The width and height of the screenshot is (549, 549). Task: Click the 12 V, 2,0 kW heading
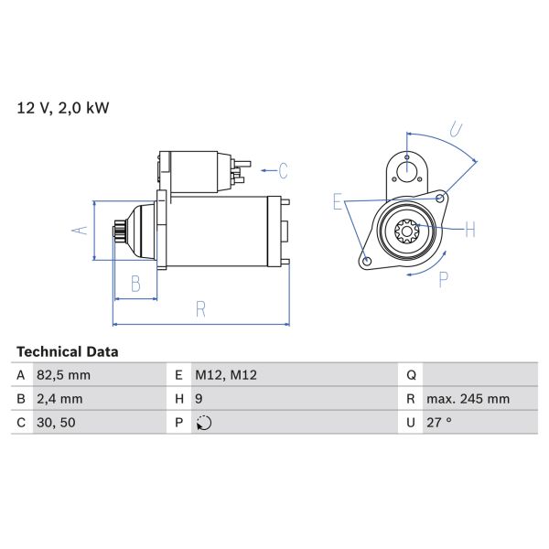click(x=63, y=108)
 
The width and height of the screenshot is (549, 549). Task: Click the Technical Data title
click(x=67, y=351)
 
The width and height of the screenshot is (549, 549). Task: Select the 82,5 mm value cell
click(x=65, y=375)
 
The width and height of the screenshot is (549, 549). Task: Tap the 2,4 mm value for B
click(x=61, y=399)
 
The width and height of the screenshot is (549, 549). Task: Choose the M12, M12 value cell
click(x=226, y=375)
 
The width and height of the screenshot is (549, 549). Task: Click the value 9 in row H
click(x=199, y=399)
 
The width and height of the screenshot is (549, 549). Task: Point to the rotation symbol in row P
click(x=204, y=423)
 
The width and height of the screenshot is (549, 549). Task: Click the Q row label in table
click(x=411, y=375)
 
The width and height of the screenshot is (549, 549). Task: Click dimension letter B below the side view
click(x=135, y=284)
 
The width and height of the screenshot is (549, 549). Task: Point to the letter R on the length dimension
click(x=200, y=309)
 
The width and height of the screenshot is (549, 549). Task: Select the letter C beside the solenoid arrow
click(x=283, y=170)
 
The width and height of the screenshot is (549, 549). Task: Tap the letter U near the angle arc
click(x=456, y=128)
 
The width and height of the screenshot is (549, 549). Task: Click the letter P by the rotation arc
click(x=444, y=279)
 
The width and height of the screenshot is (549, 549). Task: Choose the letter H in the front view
click(x=470, y=230)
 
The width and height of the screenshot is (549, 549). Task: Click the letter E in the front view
click(x=337, y=202)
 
